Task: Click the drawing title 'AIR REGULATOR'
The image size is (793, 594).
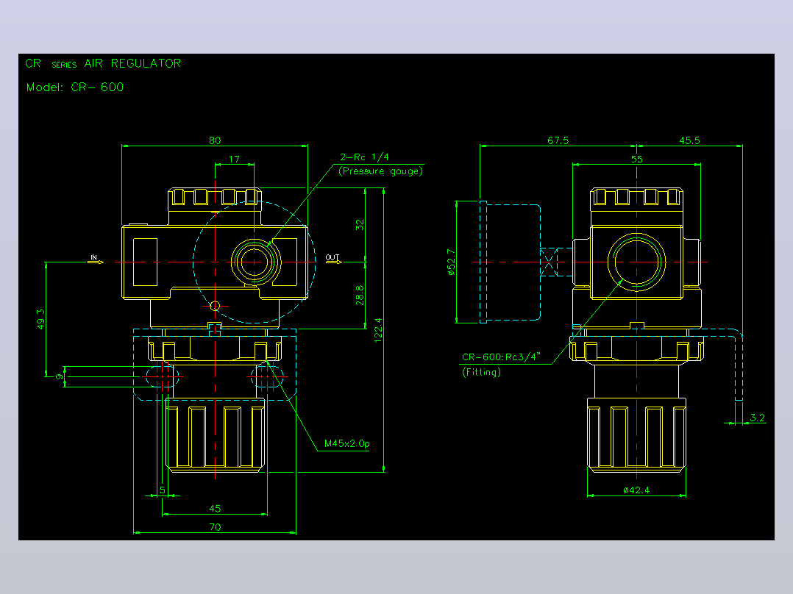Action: click(x=132, y=63)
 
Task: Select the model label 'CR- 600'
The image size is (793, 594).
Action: click(x=97, y=87)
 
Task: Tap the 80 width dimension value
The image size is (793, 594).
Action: click(x=215, y=140)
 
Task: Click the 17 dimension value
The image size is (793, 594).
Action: click(x=234, y=160)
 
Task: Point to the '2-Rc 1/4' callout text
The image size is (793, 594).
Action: click(x=364, y=157)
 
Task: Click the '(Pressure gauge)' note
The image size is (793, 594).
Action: click(x=380, y=171)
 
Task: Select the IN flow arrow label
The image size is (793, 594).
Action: click(x=93, y=257)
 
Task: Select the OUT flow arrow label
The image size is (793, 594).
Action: click(x=333, y=257)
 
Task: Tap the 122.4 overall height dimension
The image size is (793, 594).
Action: click(x=378, y=331)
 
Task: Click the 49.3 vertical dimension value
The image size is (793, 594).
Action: click(x=41, y=320)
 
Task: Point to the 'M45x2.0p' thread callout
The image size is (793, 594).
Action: click(x=347, y=443)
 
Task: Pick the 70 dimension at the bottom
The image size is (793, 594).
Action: click(x=215, y=527)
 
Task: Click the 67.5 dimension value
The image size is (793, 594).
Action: click(x=558, y=140)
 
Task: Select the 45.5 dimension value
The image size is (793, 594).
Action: click(x=690, y=140)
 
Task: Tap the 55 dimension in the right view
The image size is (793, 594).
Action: click(x=637, y=160)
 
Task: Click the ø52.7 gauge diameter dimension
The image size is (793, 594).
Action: click(x=451, y=262)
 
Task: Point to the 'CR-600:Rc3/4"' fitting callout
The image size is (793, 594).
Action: click(x=501, y=357)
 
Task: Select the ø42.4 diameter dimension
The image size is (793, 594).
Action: click(x=636, y=490)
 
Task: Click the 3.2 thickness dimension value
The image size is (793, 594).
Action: click(x=757, y=418)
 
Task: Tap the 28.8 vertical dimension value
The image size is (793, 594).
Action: click(x=360, y=296)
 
